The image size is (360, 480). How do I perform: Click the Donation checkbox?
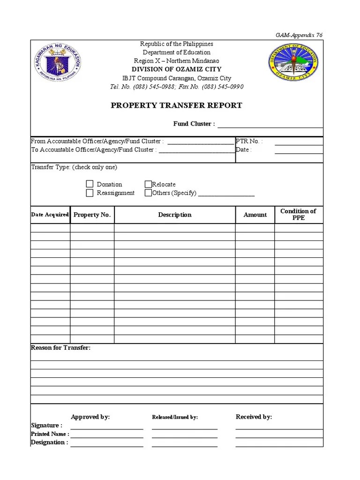pos(90,184)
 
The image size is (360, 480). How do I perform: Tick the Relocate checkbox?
pos(148,184)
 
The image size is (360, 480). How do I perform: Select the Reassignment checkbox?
pos(90,193)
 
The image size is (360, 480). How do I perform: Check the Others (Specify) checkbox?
pos(148,193)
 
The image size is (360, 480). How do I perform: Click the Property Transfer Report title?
pos(176,105)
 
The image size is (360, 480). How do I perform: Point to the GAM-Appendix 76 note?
pos(299,35)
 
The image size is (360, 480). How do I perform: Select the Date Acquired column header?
pos(50,215)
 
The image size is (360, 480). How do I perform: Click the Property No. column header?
pos(92,215)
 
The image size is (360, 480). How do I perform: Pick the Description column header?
pos(174,215)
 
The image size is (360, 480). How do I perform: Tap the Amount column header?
pos(255,215)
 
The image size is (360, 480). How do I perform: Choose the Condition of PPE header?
pos(298,214)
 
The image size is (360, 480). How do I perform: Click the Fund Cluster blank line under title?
pos(270,126)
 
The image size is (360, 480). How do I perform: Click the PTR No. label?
pos(249,141)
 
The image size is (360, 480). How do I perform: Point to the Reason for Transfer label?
pos(61,348)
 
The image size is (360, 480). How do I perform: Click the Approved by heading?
pos(90,417)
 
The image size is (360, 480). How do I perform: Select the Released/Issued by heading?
pos(175,417)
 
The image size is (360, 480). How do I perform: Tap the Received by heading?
pos(254,417)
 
